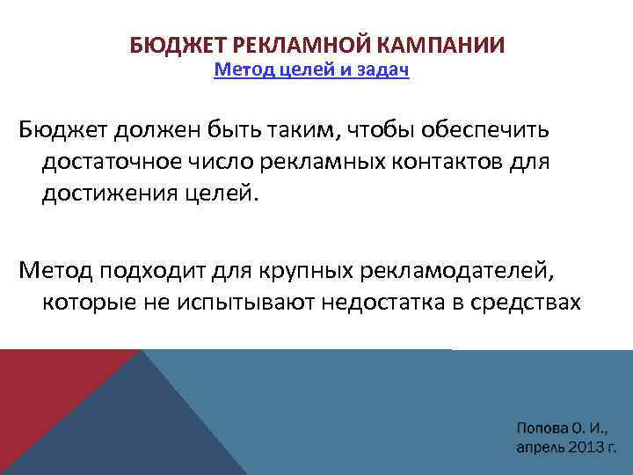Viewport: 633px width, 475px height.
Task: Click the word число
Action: [x=239, y=161]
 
